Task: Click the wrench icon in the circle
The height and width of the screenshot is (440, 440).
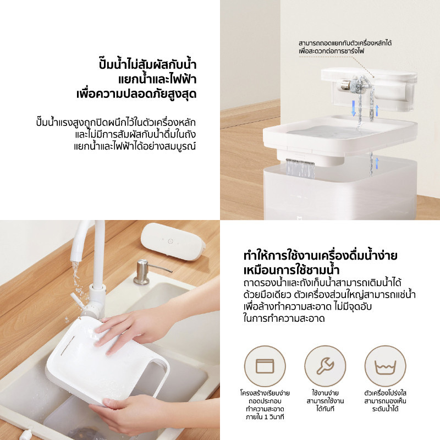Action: (325, 366)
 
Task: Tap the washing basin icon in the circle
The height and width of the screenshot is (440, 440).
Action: (386, 367)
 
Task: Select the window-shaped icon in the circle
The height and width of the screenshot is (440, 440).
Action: (265, 366)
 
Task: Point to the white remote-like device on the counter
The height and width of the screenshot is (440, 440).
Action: (173, 241)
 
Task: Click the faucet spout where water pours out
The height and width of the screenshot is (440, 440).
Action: (76, 255)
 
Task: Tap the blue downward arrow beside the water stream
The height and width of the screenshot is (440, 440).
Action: (354, 108)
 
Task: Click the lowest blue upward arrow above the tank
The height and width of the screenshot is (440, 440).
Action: (377, 163)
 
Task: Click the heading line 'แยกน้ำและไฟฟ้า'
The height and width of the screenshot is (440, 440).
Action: (157, 79)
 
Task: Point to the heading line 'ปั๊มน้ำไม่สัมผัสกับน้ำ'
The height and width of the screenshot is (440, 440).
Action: (147, 64)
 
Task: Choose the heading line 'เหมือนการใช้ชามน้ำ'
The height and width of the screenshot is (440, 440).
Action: (291, 270)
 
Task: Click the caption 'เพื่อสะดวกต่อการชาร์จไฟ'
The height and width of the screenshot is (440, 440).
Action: (331, 51)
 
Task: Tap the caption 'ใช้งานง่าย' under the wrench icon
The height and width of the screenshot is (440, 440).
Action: (325, 393)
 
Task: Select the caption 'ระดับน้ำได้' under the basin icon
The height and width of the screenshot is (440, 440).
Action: (385, 409)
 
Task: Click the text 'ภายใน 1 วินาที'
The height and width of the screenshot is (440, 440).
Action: (265, 417)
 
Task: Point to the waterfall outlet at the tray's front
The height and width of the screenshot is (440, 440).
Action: (300, 168)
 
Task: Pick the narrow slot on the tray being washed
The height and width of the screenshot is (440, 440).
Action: (68, 345)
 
